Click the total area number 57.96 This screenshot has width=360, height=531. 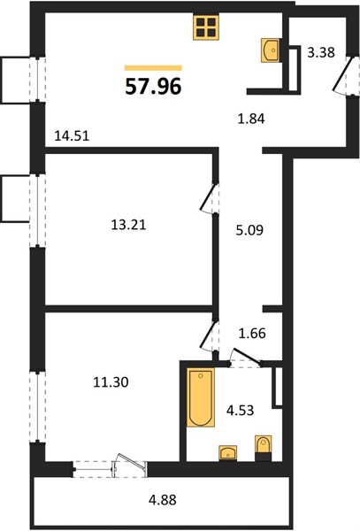(x=153, y=86)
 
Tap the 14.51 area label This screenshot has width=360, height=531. (x=72, y=135)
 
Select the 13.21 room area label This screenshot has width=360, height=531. (x=128, y=225)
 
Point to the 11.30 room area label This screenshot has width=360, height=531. (x=111, y=382)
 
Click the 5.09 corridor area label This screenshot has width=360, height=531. (x=249, y=230)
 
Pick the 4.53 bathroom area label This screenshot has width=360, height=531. (x=240, y=410)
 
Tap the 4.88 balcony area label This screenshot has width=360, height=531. (x=163, y=500)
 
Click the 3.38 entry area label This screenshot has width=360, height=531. (x=321, y=52)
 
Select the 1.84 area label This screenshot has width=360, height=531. (x=251, y=119)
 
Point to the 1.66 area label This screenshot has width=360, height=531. (x=252, y=334)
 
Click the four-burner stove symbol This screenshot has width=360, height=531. (x=206, y=27)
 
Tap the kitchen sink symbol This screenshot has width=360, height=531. (x=270, y=50)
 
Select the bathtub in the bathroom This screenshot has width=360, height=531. (x=201, y=397)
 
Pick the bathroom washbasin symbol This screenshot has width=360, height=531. (x=227, y=453)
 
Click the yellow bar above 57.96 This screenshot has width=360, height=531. (x=153, y=68)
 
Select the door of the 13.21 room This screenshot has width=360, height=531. (x=209, y=198)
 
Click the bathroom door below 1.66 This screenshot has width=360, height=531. (x=246, y=357)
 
